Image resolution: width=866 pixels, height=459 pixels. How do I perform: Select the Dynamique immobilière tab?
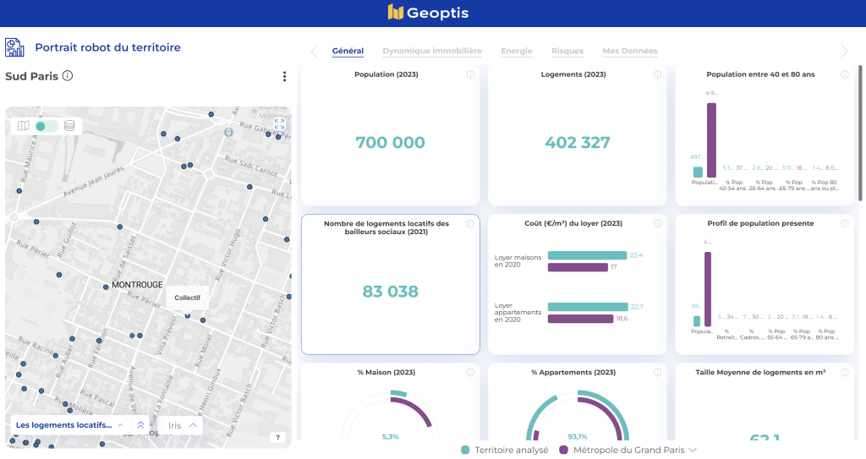click(431, 52)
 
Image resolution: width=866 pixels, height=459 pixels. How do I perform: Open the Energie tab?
click(516, 52)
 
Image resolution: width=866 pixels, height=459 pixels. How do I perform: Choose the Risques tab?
click(567, 52)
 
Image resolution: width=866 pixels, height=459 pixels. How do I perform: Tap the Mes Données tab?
click(629, 52)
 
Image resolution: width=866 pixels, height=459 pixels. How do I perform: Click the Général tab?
click(348, 52)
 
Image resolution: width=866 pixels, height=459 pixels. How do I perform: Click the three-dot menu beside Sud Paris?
click(284, 77)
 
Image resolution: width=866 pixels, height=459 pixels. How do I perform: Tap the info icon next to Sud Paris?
click(68, 76)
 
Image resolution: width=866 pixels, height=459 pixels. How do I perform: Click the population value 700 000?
click(390, 143)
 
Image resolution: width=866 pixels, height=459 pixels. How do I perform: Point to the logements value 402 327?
click(578, 143)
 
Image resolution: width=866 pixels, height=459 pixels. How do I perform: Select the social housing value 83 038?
click(390, 292)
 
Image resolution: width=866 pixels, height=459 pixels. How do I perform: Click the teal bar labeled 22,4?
click(586, 255)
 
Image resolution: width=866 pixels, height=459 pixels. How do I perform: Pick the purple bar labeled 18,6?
click(579, 319)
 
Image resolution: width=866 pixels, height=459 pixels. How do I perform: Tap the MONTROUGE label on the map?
click(137, 285)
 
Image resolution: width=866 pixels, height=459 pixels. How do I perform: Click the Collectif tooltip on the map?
click(187, 298)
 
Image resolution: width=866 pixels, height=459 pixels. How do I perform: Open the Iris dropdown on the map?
click(183, 425)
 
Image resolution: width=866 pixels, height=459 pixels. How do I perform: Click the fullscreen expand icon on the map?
click(279, 124)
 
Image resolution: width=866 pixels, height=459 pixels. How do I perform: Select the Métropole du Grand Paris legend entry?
click(628, 450)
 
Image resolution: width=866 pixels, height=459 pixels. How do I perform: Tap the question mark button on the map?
click(277, 437)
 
